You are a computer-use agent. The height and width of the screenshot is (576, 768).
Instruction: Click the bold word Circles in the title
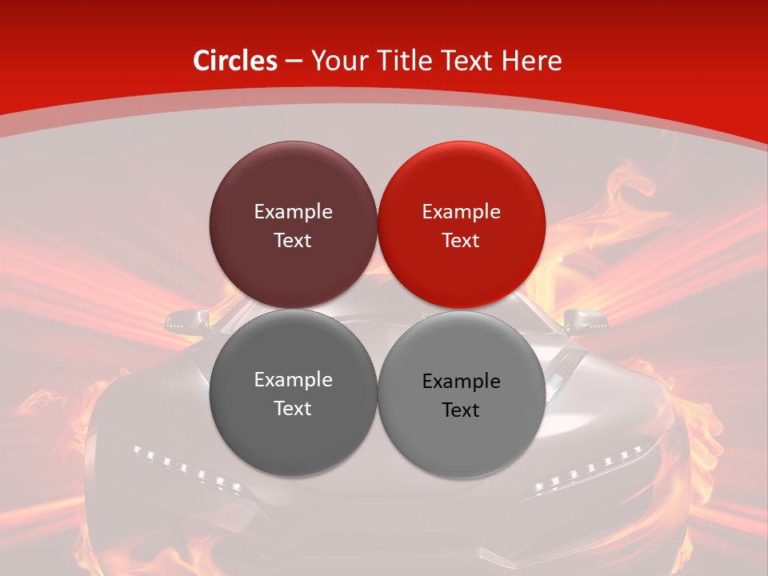tap(235, 61)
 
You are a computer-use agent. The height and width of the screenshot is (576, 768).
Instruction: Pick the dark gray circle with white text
tap(293, 436)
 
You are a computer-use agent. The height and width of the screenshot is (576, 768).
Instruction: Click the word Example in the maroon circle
tap(293, 211)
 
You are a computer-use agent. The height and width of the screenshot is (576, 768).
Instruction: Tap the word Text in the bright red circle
tap(461, 240)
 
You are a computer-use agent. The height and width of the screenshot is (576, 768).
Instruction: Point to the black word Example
tap(461, 382)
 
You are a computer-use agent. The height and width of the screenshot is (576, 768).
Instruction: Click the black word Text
tap(461, 410)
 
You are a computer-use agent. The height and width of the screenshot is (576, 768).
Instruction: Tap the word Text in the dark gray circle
tap(293, 408)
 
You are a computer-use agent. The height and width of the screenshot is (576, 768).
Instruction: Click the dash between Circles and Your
tap(294, 61)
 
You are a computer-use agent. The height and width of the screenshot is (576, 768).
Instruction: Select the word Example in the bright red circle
tap(461, 211)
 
